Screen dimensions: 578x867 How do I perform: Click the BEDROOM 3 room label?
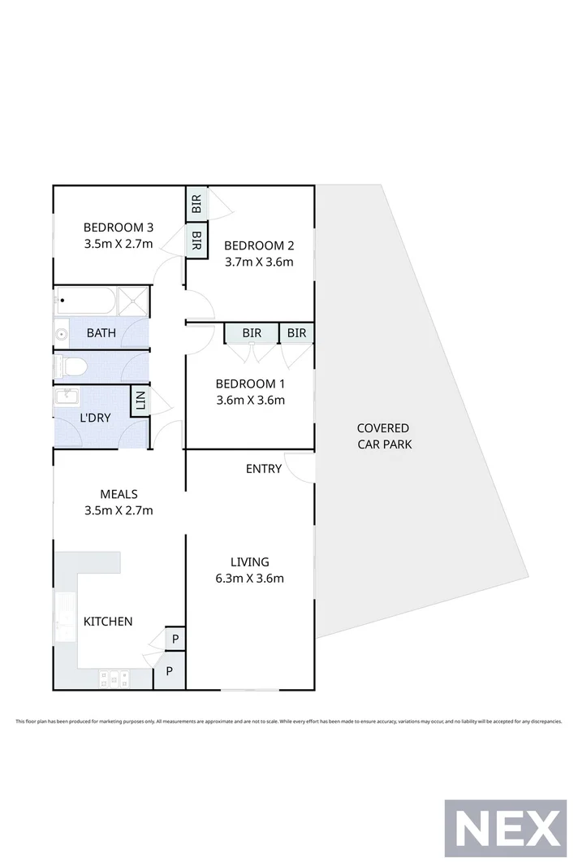[x=119, y=228]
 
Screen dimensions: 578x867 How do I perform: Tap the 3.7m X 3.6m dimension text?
[x=259, y=262]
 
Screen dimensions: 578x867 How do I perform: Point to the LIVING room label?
[x=250, y=561]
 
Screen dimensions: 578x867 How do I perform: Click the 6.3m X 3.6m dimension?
[x=250, y=579]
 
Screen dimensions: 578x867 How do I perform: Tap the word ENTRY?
[x=264, y=469]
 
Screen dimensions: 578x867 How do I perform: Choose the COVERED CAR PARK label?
[x=384, y=436]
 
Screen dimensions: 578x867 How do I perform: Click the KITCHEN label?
[x=108, y=622]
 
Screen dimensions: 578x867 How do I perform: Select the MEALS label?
[x=119, y=494]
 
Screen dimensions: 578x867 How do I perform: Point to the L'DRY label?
[x=95, y=418]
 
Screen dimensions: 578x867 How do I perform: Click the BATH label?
[x=101, y=333]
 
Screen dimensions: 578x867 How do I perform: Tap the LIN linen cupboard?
[x=140, y=401]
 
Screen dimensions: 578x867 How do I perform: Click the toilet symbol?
[x=70, y=366]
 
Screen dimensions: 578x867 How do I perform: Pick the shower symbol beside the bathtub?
[x=133, y=302]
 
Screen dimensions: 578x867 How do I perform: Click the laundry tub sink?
[x=67, y=397]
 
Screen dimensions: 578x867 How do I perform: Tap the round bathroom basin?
[x=62, y=333]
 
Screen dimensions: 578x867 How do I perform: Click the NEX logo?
[x=506, y=828]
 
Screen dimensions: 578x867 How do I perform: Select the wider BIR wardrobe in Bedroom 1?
[x=252, y=333]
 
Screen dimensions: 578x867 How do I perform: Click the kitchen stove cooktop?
[x=114, y=678]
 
